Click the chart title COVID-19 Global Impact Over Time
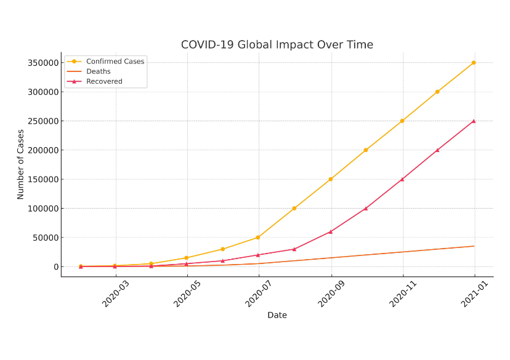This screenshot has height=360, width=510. pos(277,45)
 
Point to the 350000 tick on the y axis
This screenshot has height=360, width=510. pos(41,63)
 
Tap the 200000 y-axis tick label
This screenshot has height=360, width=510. pos(41,150)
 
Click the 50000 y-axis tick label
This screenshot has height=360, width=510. pos(43,238)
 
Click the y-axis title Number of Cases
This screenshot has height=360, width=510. pos(21,164)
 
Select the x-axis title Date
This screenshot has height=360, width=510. pos(277,315)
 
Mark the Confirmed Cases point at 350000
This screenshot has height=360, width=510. pos(474,63)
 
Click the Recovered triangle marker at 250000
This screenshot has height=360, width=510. pos(474,121)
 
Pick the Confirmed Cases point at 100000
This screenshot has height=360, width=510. pos(294,208)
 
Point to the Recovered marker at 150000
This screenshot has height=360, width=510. pos(402,179)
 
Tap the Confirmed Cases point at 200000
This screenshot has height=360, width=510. pos(366,150)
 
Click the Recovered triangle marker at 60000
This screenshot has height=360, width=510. pos(331,231)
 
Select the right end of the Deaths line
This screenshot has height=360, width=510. pos(474,246)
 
